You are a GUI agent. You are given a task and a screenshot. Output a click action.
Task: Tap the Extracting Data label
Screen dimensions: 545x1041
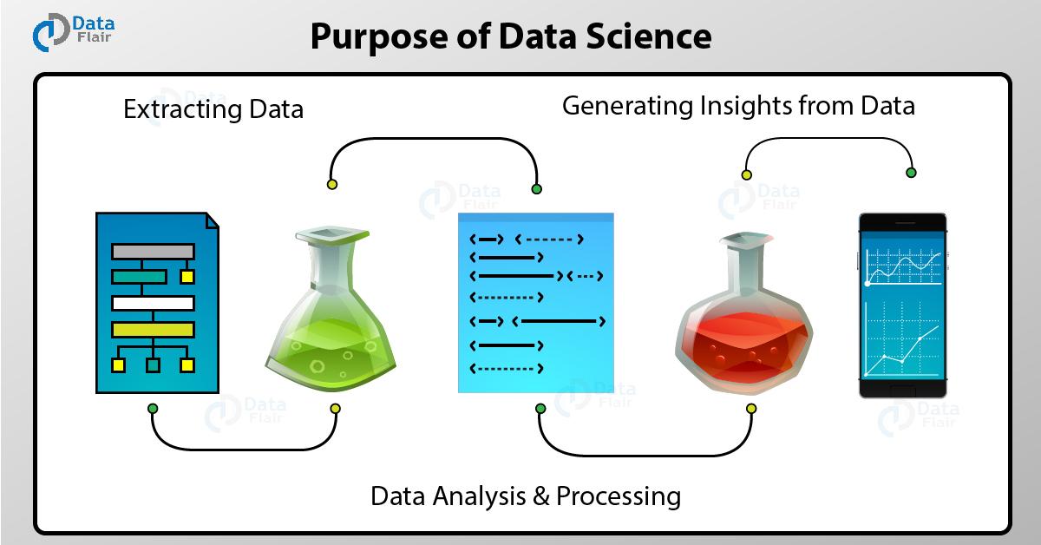213,110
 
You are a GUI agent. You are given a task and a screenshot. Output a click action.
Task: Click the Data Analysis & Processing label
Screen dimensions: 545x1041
525,496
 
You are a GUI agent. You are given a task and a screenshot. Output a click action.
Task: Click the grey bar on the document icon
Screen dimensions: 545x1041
153,252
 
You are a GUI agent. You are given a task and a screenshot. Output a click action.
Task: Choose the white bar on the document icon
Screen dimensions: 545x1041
153,304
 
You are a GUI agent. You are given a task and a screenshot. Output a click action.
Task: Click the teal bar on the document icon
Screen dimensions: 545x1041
139,277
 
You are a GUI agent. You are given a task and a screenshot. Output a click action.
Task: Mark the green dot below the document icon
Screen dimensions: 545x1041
153,408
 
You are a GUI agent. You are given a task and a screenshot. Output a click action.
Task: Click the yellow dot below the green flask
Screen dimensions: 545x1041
335,408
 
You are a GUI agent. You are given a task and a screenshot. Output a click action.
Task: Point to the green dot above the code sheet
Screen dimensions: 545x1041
536,187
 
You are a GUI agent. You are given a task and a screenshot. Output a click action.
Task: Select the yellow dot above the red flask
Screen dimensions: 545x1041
746,174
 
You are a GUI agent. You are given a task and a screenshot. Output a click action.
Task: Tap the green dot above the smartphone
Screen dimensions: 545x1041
911,173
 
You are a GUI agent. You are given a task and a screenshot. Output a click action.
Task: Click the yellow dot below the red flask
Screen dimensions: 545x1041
751,408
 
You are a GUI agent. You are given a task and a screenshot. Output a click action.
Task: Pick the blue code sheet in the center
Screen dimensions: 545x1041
535,304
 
